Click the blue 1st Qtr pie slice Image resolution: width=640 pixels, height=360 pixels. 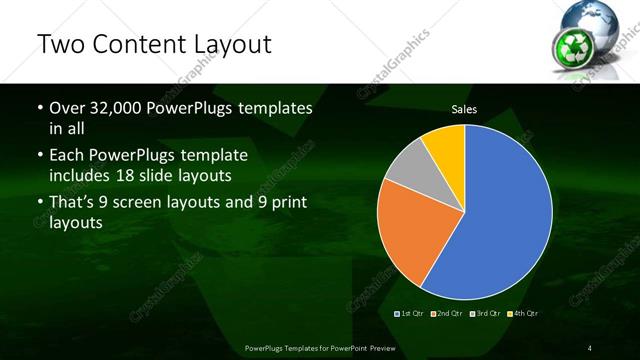click(x=500, y=210)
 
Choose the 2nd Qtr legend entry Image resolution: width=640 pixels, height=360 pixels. click(x=448, y=314)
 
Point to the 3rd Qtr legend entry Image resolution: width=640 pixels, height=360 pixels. click(x=485, y=314)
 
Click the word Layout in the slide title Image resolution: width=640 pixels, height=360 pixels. click(x=226, y=44)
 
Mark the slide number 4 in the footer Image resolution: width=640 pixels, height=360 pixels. click(x=589, y=347)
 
